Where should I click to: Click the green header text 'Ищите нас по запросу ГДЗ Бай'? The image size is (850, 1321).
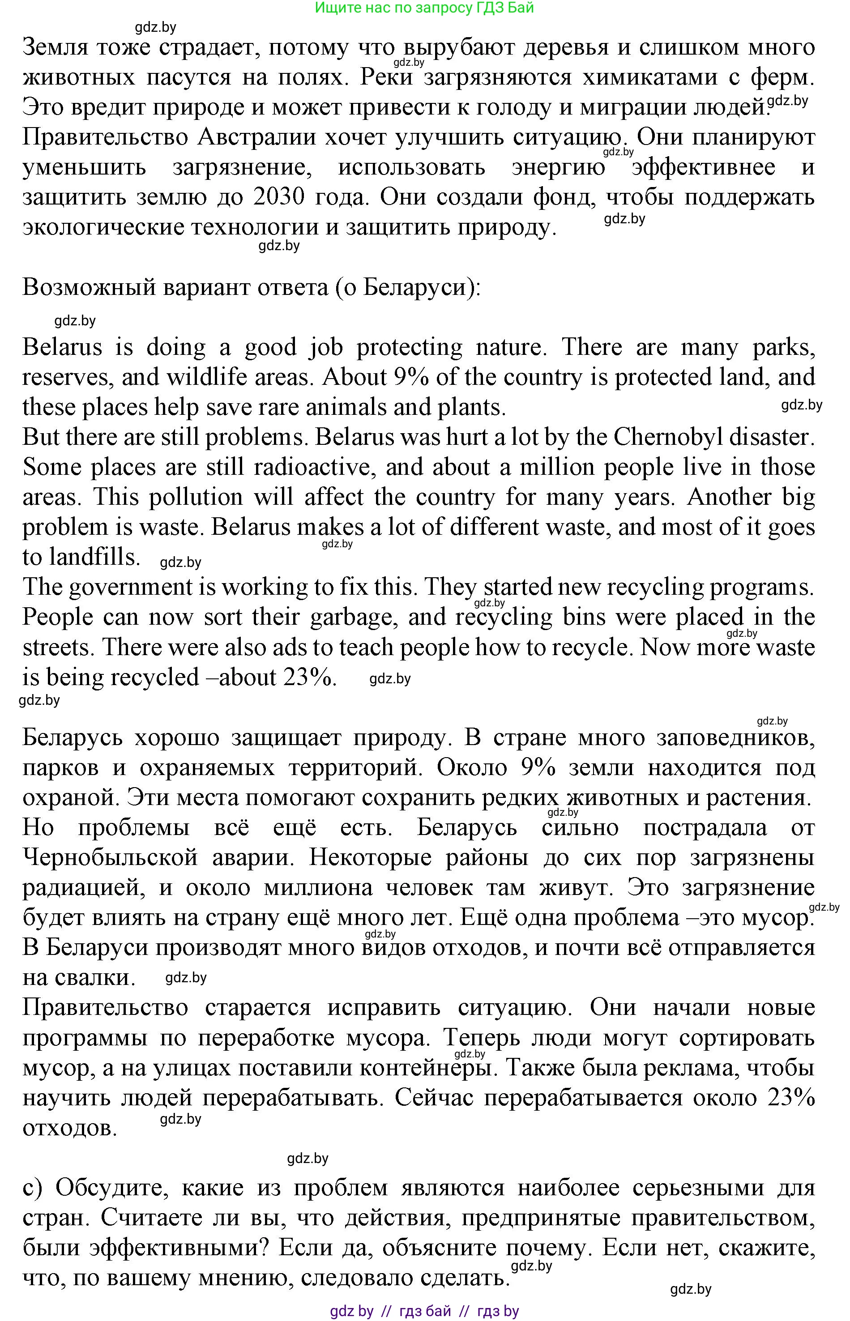pyautogui.click(x=424, y=8)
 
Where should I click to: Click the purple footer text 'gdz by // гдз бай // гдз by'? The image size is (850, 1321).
pyautogui.click(x=424, y=1311)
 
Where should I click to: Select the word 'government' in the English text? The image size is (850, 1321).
pyautogui.click(x=130, y=587)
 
